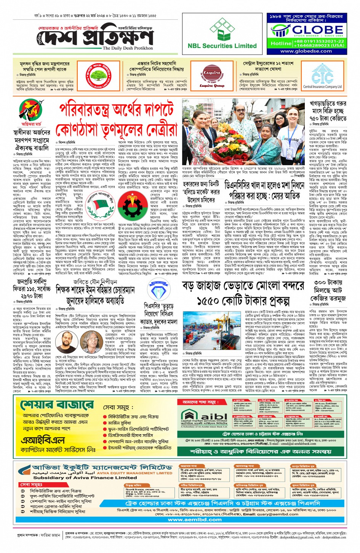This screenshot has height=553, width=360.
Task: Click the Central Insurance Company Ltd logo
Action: pyautogui.click(x=322, y=77)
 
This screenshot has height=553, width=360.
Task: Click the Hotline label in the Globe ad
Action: pyautogui.click(x=281, y=43)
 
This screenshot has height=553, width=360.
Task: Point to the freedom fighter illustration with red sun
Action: pyautogui.click(x=30, y=110)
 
